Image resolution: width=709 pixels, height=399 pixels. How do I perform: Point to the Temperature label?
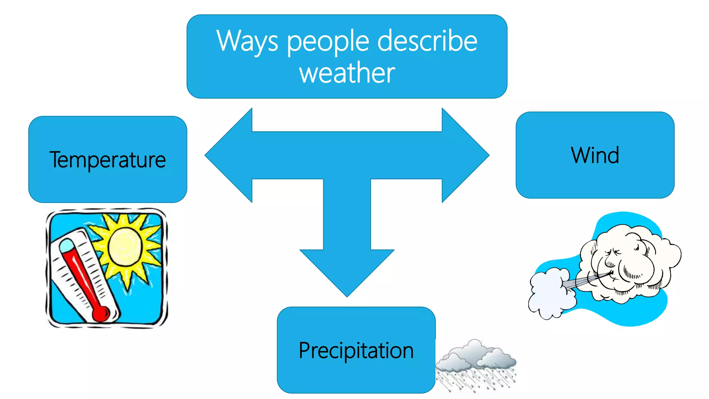pos(108,160)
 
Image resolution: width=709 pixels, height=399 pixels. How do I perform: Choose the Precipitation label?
pos(356,350)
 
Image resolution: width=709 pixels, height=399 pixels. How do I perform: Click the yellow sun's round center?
pos(125,247)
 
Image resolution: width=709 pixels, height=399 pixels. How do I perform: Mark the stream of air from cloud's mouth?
pos(585,281)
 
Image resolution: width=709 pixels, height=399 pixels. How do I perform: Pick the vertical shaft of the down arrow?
pos(347,215)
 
